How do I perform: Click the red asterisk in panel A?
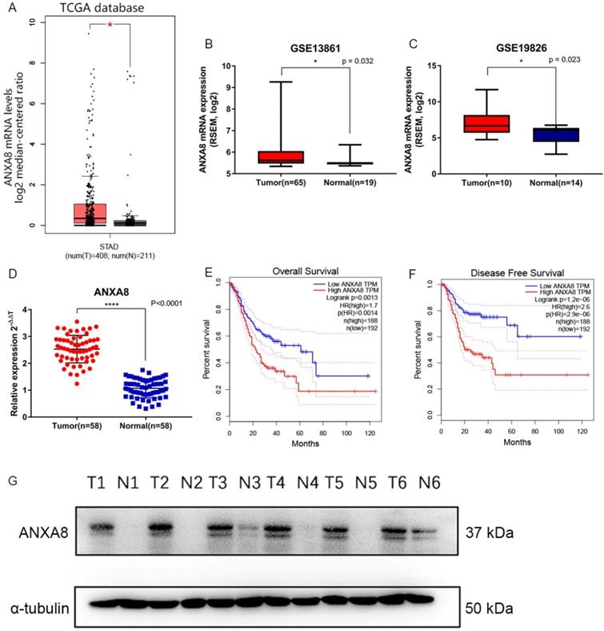coord(110,26)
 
